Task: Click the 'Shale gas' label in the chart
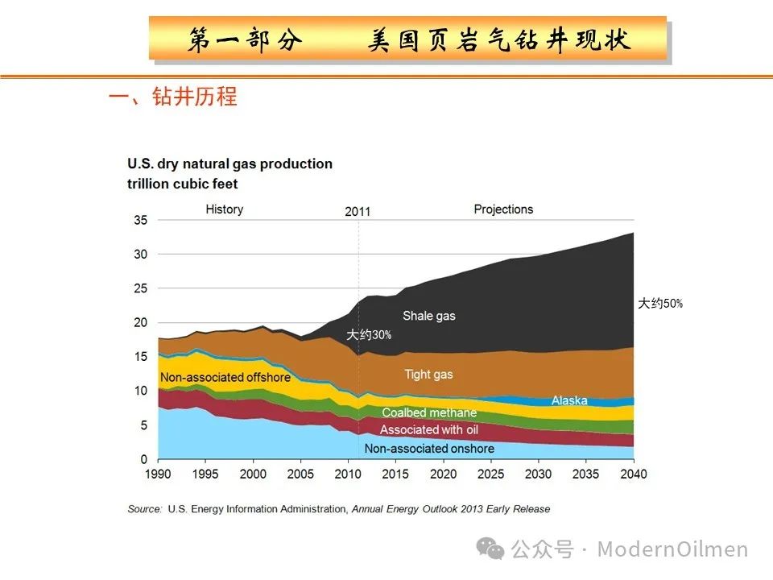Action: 428,316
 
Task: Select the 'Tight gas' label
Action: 428,374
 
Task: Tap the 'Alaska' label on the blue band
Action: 569,400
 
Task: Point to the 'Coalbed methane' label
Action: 429,412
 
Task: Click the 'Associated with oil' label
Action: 428,430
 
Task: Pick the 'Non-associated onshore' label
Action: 429,448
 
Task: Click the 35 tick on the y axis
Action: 140,220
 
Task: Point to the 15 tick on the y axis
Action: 140,357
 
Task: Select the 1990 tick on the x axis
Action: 158,474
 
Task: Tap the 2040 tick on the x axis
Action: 633,474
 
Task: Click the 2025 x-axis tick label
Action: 490,474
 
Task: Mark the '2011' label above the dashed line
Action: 358,212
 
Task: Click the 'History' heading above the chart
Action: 224,209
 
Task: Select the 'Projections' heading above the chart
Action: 503,209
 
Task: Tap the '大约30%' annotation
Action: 369,335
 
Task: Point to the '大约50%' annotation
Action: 659,304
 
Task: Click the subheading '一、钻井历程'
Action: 172,97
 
